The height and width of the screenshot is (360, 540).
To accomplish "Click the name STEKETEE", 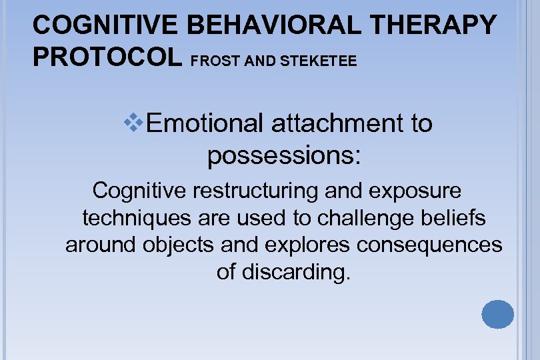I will coord(319,61).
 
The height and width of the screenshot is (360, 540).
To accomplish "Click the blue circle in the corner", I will coord(497,315).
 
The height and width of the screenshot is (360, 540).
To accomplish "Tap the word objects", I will coord(178,245).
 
